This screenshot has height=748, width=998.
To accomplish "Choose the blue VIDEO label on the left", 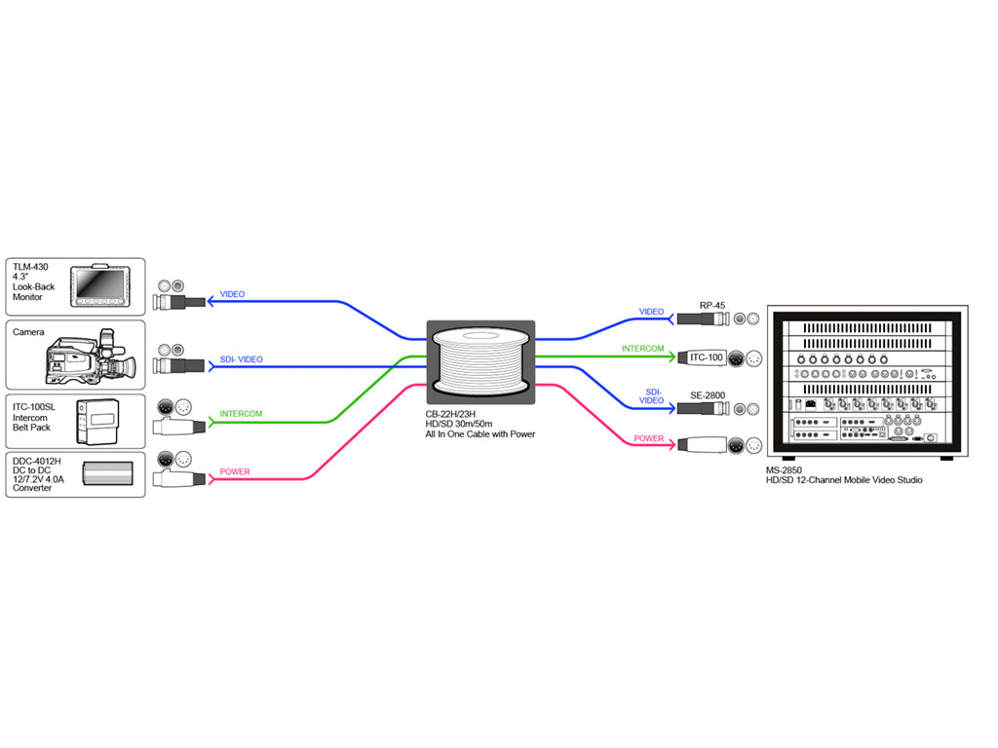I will pyautogui.click(x=233, y=294).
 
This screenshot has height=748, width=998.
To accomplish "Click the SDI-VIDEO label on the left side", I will pyautogui.click(x=241, y=360).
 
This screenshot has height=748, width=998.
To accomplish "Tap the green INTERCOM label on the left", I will pyautogui.click(x=241, y=414).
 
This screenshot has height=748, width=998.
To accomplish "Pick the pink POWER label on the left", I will pyautogui.click(x=234, y=472).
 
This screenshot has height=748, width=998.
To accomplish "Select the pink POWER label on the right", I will pyautogui.click(x=649, y=438).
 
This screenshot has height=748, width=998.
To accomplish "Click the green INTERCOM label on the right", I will pyautogui.click(x=643, y=349).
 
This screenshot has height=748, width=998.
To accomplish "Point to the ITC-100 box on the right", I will pyautogui.click(x=707, y=357).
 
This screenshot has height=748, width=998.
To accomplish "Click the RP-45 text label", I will pyautogui.click(x=712, y=306).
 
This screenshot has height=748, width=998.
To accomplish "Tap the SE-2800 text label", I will pyautogui.click(x=709, y=394).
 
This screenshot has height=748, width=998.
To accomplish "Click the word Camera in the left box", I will pyautogui.click(x=28, y=332).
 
